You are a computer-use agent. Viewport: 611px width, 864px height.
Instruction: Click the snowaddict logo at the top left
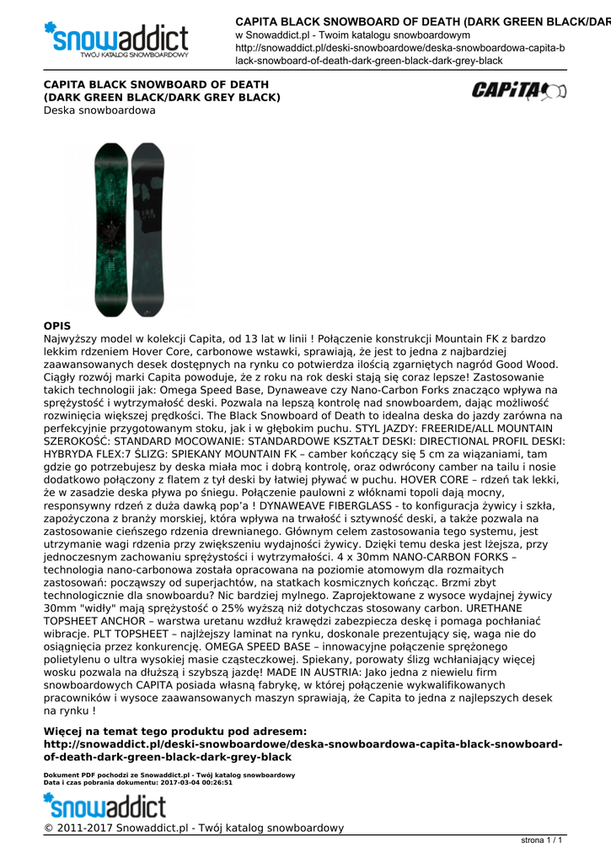coord(116,37)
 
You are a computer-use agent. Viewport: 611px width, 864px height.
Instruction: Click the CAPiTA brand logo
coord(518,90)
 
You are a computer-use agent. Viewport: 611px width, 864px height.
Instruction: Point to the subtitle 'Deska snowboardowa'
coord(99,111)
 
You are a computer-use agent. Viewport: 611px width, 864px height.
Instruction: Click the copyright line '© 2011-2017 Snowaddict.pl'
coord(194,828)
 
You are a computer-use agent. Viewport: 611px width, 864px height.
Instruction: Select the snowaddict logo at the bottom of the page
coord(105,805)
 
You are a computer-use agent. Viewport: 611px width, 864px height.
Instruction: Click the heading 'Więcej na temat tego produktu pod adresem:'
coord(174,732)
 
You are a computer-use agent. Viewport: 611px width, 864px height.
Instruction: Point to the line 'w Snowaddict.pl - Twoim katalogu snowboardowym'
coord(352,35)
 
